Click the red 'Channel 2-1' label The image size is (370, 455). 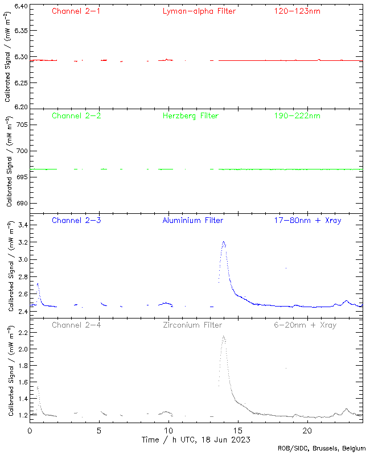point(76,11)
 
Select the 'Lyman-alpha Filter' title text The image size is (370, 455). point(199,11)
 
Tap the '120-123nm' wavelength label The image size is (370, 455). point(297,11)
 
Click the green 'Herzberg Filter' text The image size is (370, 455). point(191,115)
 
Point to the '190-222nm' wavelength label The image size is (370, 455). point(297,115)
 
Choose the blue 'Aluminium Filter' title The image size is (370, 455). point(194,220)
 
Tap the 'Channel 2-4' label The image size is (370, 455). point(76,325)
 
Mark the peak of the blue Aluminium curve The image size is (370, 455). point(224,242)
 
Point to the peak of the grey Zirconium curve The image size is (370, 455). point(224,336)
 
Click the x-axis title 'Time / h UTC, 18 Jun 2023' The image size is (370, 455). point(196,440)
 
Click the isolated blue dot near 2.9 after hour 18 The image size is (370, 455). point(286,268)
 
